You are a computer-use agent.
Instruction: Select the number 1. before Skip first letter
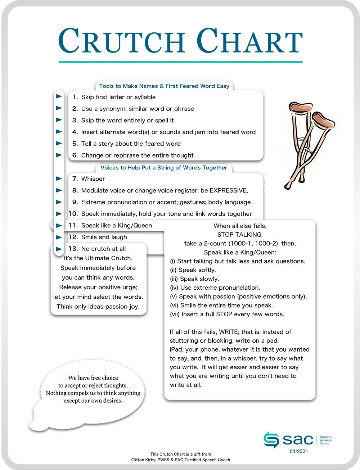coord(75,97)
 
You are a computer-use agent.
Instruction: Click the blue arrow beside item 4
coord(59,132)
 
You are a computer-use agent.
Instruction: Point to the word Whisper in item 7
coord(93,179)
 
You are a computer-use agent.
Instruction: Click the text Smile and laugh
coord(104,237)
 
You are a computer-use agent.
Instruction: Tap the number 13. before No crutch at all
coord(73,249)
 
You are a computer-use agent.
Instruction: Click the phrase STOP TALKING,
coord(240,235)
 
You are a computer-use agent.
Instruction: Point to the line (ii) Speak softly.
coord(193,270)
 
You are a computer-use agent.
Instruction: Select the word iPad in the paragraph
coord(176,349)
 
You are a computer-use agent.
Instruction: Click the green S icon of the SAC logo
coord(271,439)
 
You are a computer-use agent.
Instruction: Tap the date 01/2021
coord(298,452)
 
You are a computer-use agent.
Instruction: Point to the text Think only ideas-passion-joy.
coord(98,307)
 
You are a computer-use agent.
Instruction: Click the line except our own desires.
coord(93,401)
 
